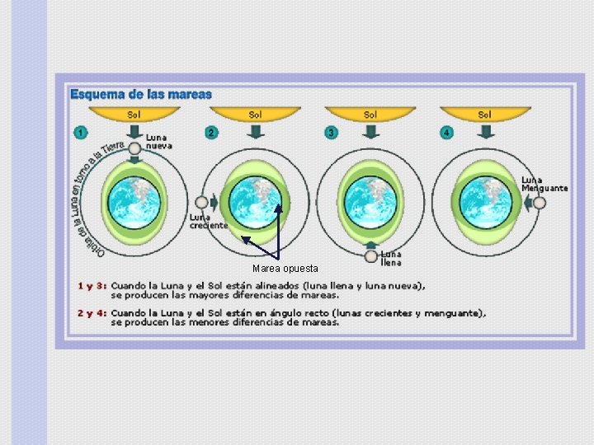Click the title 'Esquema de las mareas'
141,94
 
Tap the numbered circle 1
81,132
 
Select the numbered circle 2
211,132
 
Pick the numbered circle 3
332,132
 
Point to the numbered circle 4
446,132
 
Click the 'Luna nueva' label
159,141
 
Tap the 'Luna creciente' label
208,221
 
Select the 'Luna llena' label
391,258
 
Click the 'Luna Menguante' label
544,184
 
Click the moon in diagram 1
134,149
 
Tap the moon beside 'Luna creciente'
201,202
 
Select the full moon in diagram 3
370,257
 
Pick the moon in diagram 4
539,202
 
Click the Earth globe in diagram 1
133,203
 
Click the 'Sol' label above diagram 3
370,115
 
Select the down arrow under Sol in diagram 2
256,132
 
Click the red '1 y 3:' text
92,286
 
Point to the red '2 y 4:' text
92,313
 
